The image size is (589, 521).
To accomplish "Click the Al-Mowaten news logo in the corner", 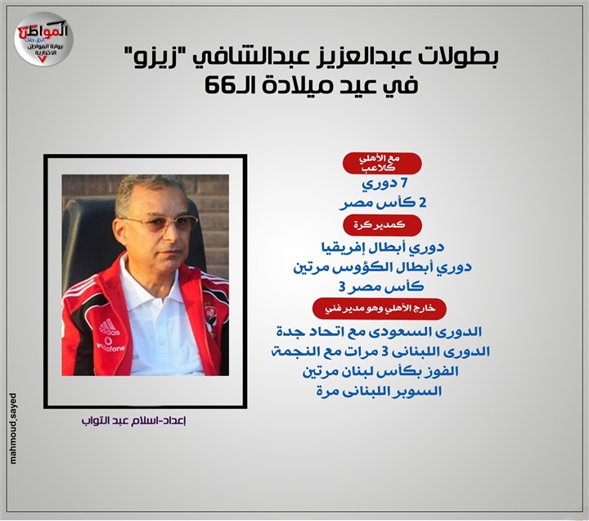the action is tap(43, 39).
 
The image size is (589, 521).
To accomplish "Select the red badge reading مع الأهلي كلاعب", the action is tap(382, 163).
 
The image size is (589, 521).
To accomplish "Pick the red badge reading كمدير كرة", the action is tap(382, 225).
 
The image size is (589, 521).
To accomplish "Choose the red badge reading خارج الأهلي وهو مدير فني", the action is tap(380, 309).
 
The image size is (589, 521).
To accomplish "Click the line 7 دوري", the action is tap(384, 184).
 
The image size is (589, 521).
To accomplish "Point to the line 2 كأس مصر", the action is tap(383, 203).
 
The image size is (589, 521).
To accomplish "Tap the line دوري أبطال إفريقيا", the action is tap(382, 247).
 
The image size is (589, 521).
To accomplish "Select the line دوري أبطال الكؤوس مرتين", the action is tap(382, 267).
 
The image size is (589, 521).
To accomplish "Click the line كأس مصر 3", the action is tap(381, 287).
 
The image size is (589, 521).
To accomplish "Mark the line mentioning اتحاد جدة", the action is tap(380, 332).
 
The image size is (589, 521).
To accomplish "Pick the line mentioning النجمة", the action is tap(381, 351).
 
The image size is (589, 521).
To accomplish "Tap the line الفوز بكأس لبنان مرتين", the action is tap(381, 371).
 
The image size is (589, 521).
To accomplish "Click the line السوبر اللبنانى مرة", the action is tap(380, 392).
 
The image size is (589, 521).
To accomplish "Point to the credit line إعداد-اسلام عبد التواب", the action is tap(134, 420).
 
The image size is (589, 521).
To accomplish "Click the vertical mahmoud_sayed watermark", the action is tap(13, 428).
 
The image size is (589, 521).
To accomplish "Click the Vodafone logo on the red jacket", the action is tap(110, 345).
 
